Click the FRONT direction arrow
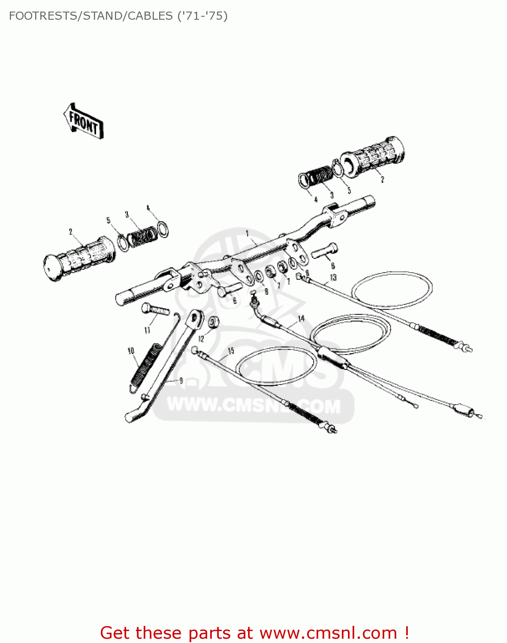coord(83,121)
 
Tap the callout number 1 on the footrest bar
coord(247,233)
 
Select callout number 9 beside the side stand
coord(181,380)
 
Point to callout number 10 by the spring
coord(131,351)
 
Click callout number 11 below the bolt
coord(147,330)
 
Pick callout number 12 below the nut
coord(201,338)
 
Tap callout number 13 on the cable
coord(333,277)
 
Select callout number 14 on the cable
coord(301,318)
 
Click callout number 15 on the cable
coord(231,351)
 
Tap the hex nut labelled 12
coord(214,322)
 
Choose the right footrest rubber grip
coord(372,157)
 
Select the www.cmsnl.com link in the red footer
coord(328,633)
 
